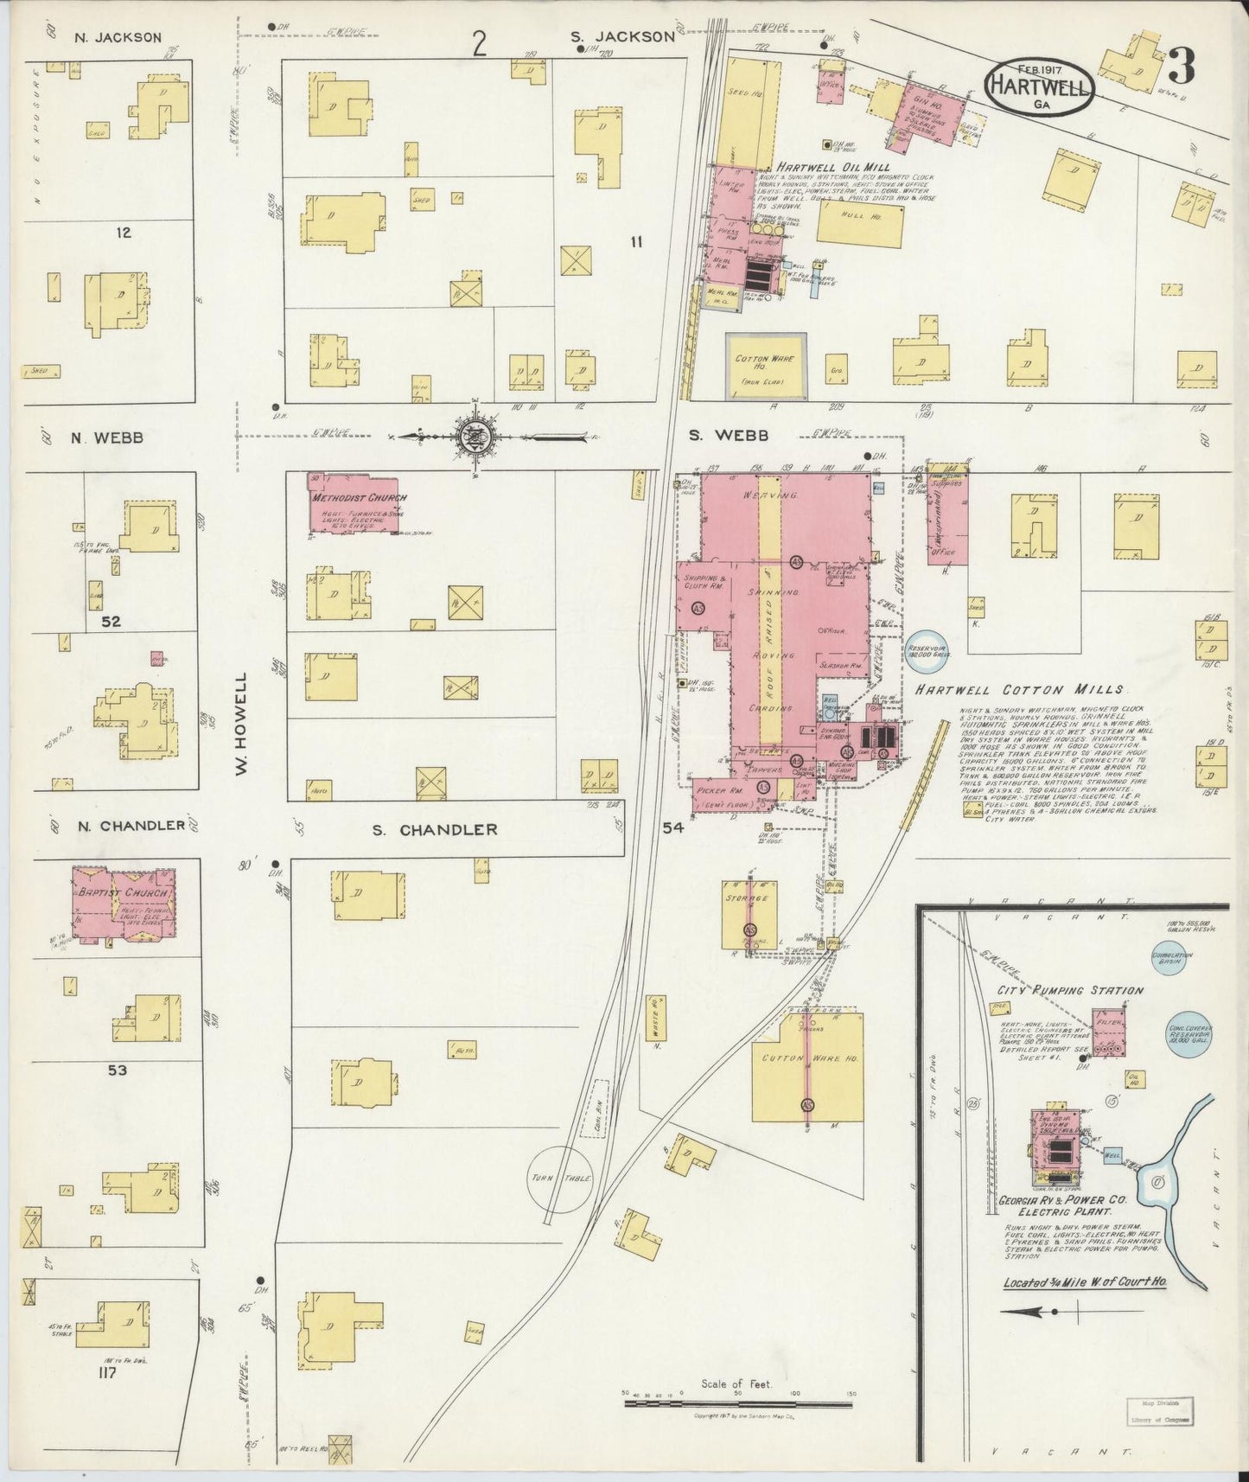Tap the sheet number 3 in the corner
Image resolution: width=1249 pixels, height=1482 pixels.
[1182, 65]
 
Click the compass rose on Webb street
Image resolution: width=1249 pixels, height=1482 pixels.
[476, 436]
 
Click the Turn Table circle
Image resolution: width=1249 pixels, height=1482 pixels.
[561, 1179]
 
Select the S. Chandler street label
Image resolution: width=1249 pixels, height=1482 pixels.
[435, 829]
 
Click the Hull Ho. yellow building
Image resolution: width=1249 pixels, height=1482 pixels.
[860, 224]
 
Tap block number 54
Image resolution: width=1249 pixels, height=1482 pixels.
[672, 828]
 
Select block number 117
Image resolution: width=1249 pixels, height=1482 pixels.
[107, 1370]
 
